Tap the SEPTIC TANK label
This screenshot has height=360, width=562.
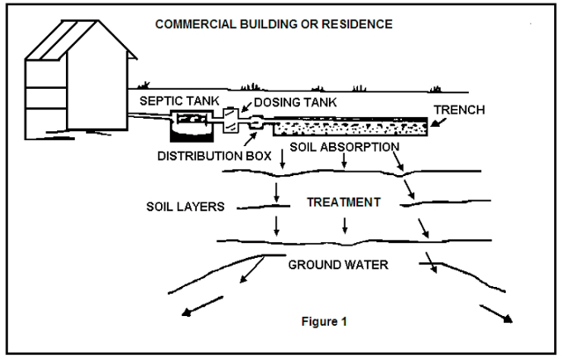tap(174, 102)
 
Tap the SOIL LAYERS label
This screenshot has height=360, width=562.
tap(186, 207)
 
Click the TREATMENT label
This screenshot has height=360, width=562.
tap(343, 202)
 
